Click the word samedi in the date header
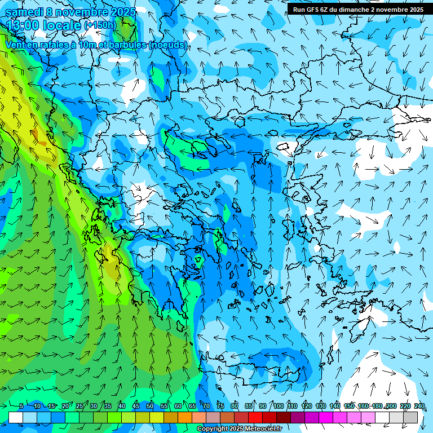tap(23, 11)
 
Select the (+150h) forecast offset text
tap(100, 25)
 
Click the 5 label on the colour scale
tap(21, 406)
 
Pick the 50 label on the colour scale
tap(150, 406)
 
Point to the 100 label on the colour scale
tap(279, 406)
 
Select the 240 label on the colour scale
tap(419, 406)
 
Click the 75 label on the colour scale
tap(220, 406)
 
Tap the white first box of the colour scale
tap(16, 417)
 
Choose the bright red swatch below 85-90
tap(255, 417)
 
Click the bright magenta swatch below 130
tap(326, 417)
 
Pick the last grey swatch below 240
tap(410, 417)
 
